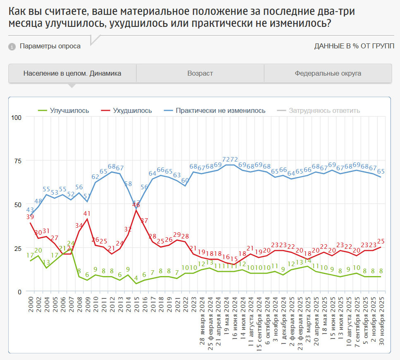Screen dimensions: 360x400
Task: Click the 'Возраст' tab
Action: pos(200,74)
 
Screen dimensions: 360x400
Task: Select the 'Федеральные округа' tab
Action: pos(328,74)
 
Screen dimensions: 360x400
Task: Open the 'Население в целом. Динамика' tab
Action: pos(72,74)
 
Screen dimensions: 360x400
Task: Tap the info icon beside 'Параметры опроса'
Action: pos(12,46)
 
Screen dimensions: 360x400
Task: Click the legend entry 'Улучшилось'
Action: pos(69,110)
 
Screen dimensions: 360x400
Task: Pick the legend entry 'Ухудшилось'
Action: pos(133,110)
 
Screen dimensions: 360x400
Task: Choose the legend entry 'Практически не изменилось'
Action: pos(220,110)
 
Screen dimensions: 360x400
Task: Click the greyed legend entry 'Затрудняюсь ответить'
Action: pos(324,110)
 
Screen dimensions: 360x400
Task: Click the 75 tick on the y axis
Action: pos(17,161)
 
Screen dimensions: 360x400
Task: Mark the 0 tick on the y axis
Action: pos(19,292)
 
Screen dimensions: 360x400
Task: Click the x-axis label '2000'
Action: pos(30,305)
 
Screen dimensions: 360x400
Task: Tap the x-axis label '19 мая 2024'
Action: pos(226,316)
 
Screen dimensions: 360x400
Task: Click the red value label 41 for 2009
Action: pos(87,214)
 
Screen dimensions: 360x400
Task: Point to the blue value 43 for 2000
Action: pos(30,210)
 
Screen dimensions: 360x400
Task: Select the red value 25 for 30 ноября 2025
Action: pos(380,241)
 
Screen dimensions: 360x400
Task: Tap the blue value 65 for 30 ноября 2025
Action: pos(380,171)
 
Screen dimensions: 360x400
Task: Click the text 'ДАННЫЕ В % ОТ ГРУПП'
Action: pos(354,46)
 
